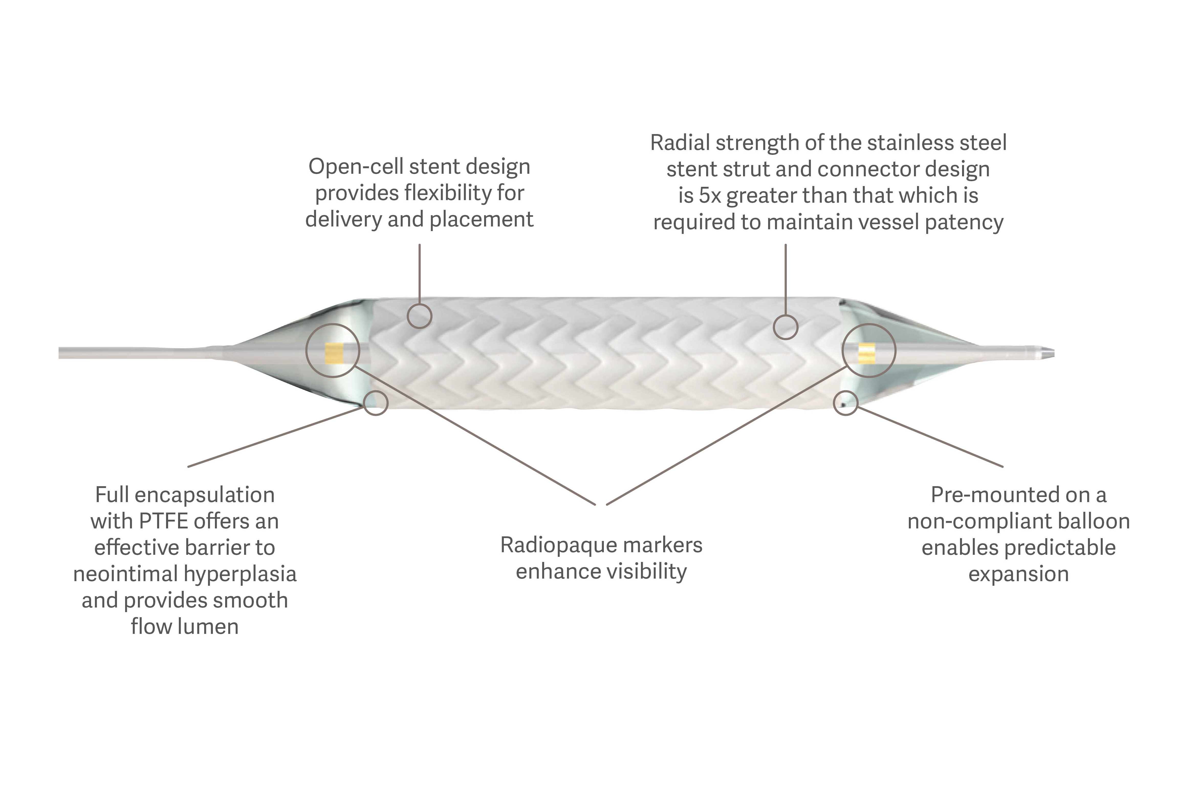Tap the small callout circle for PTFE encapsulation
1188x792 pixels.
click(x=376, y=403)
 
